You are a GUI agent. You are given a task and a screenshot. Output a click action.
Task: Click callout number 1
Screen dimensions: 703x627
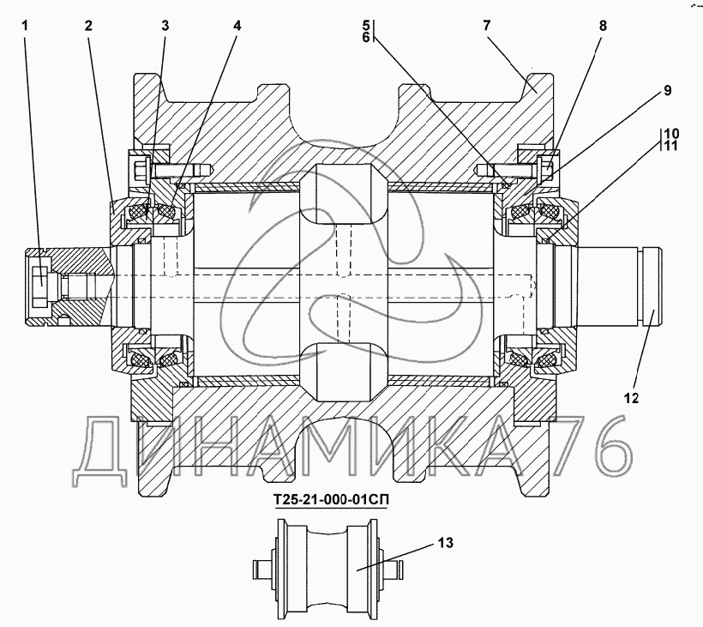(25, 26)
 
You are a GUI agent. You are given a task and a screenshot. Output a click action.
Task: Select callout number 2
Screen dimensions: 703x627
(88, 26)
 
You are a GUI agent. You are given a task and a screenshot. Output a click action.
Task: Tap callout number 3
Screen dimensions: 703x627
(165, 26)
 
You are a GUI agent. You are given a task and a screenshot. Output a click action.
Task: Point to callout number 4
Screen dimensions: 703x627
(237, 26)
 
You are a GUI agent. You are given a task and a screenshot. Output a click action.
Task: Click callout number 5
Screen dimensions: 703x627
(366, 25)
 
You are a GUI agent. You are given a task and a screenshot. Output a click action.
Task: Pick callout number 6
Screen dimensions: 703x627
(366, 38)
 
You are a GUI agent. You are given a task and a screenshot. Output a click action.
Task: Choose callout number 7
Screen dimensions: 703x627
(487, 26)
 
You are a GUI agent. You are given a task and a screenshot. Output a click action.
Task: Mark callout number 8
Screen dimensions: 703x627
(603, 26)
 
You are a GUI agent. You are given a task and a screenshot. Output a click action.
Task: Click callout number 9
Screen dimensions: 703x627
(668, 91)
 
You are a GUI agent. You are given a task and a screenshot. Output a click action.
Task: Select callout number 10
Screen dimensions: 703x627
(671, 133)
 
